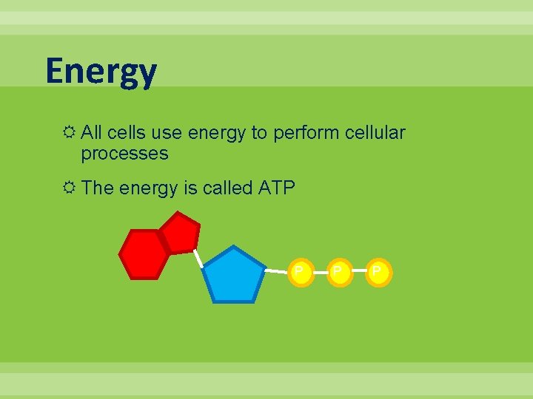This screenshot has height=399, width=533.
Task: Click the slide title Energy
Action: pos(101,72)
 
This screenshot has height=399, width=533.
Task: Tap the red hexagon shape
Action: pos(144,254)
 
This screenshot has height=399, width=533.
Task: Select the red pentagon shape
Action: pos(180,232)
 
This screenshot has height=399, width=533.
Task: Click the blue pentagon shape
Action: pos(234,276)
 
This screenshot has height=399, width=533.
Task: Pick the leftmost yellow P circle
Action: pos(299,273)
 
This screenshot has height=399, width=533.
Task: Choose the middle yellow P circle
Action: pos(338,273)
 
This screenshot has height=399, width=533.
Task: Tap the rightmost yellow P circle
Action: pos(378,273)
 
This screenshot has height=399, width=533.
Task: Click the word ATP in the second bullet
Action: pos(276,188)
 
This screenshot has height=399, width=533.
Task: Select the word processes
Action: pos(124,154)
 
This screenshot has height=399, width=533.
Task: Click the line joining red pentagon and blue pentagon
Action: pos(198,257)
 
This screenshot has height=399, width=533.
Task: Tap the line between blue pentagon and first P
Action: pos(276,272)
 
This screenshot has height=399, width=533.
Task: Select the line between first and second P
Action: pos(318,273)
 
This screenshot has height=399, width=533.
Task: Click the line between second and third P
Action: pos(358,273)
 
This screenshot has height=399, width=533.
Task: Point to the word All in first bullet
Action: pos(92,133)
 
